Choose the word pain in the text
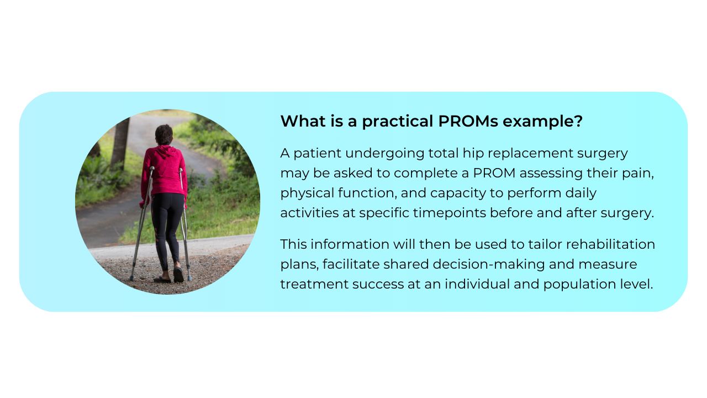coord(640,173)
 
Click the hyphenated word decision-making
coord(488,264)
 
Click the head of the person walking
coord(163,134)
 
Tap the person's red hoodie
coord(165,171)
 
